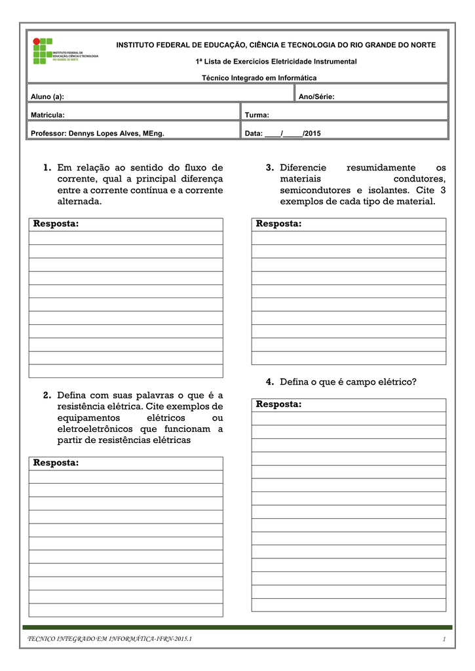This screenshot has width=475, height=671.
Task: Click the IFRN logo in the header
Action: pos(65,51)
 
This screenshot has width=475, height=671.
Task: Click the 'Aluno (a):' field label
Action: pos(48,97)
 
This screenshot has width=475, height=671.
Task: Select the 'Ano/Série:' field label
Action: pos(316,97)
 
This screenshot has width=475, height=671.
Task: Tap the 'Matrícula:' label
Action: pos(48,115)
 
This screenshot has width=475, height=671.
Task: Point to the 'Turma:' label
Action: pos(257,115)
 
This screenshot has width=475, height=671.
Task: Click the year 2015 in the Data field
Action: pos(312,134)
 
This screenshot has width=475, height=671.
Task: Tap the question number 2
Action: pos(47,395)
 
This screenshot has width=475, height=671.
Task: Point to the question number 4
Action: pos(270,381)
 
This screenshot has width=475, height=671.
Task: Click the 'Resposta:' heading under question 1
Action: pos(56,224)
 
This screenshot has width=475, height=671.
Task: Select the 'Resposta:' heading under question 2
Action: pos(56,463)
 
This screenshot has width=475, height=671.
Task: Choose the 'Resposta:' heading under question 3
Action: pos(278,224)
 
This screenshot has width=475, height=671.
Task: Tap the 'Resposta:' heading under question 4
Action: pos(278,404)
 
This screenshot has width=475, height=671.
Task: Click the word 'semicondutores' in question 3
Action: pos(313,190)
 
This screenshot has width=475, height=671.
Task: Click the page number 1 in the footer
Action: pos(444,639)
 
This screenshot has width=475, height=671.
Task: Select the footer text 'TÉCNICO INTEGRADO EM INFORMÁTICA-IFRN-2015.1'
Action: pos(109,639)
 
